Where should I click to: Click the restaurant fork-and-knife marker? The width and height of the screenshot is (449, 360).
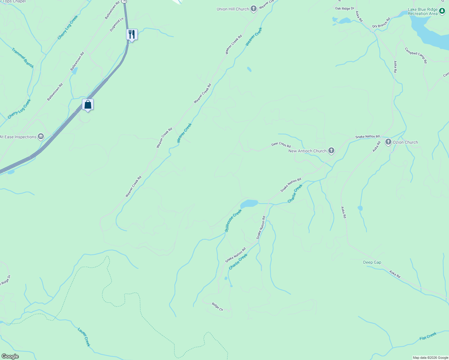132,34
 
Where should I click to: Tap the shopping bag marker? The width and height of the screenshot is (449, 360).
88,105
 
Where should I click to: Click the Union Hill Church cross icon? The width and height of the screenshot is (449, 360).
254,9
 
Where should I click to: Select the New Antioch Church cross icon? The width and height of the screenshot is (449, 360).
331,151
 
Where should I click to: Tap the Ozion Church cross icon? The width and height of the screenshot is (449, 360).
388,142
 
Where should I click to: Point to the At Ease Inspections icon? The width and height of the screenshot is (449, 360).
41,137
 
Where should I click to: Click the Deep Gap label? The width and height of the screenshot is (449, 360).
372,262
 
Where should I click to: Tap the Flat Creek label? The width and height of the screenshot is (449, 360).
428,336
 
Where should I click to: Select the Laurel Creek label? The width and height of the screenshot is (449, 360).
84,337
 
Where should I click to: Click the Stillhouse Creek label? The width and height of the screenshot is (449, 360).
233,220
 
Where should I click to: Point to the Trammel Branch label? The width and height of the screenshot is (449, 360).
23,58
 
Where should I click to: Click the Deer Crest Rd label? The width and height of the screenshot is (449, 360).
281,145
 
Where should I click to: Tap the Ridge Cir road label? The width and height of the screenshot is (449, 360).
218,307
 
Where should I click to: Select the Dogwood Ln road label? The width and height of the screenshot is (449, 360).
117,25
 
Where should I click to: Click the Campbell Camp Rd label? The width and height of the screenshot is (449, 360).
416,55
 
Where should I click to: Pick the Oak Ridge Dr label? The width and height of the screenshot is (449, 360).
345,9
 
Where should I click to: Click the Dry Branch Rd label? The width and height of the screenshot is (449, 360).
381,23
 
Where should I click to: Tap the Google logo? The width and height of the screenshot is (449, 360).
10,356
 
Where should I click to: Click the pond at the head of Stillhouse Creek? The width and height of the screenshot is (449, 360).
249,204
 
